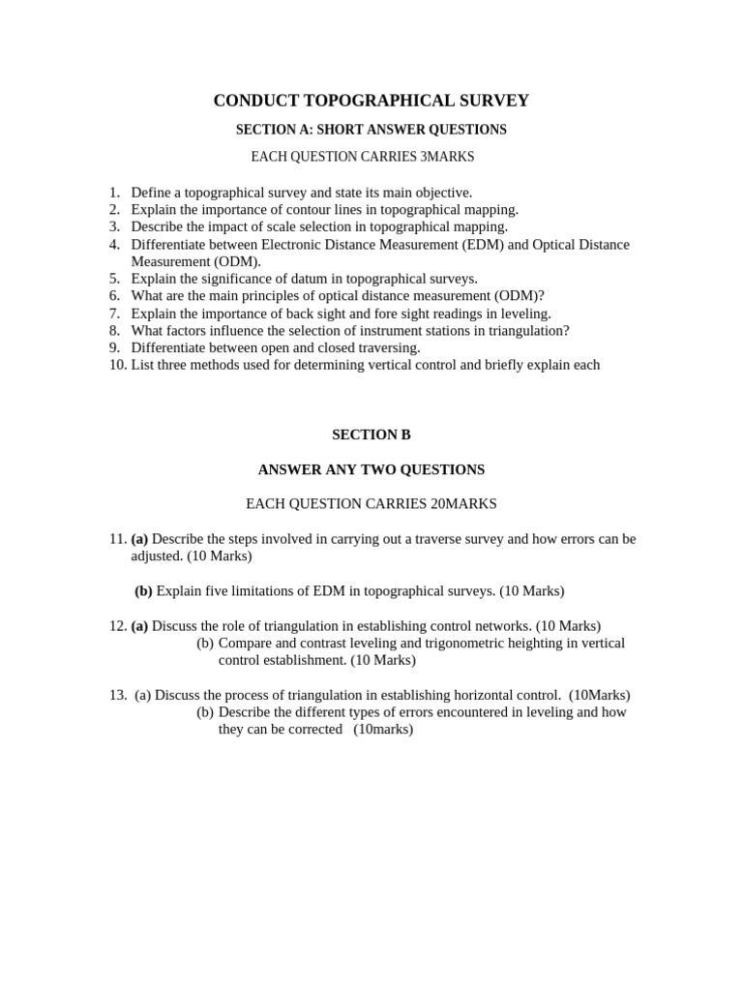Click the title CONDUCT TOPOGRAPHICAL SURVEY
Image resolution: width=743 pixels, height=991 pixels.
pos(371,101)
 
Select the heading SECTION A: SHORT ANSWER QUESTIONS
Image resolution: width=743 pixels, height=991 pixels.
pos(371,129)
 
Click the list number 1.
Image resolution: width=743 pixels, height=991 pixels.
pos(114,193)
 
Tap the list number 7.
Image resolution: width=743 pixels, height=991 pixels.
pos(114,314)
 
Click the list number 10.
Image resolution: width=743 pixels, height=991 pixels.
pos(117,365)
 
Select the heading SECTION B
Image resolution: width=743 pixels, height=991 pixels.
pos(371,435)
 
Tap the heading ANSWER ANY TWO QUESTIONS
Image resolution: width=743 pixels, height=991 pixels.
pos(371,469)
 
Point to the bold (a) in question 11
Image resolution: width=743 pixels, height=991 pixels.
pos(139,539)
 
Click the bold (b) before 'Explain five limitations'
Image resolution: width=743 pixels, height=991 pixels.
pos(143,590)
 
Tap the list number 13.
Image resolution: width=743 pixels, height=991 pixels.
pos(118,695)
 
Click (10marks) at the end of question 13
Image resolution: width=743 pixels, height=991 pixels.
pos(383,730)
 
